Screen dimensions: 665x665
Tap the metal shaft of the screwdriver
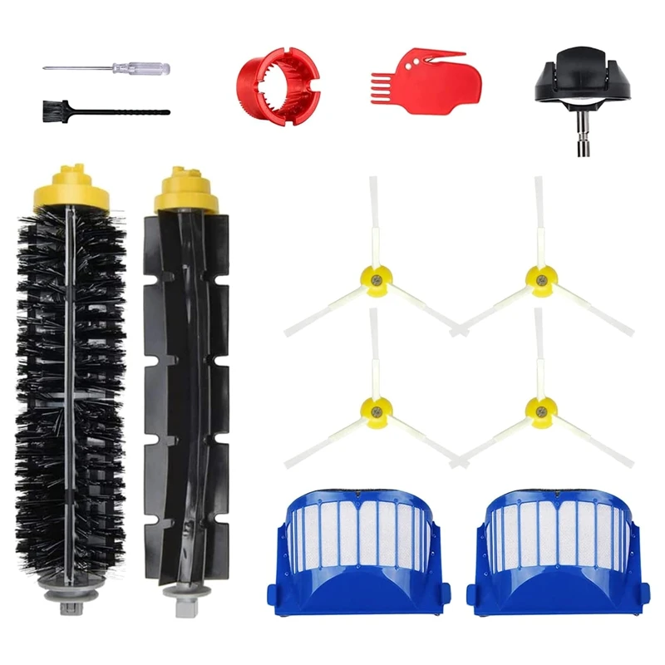pyautogui.click(x=83, y=67)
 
